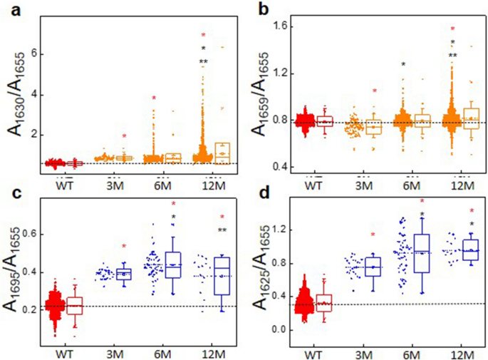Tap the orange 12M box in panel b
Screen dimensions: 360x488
click(x=472, y=119)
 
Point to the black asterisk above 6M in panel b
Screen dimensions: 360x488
click(x=403, y=66)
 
